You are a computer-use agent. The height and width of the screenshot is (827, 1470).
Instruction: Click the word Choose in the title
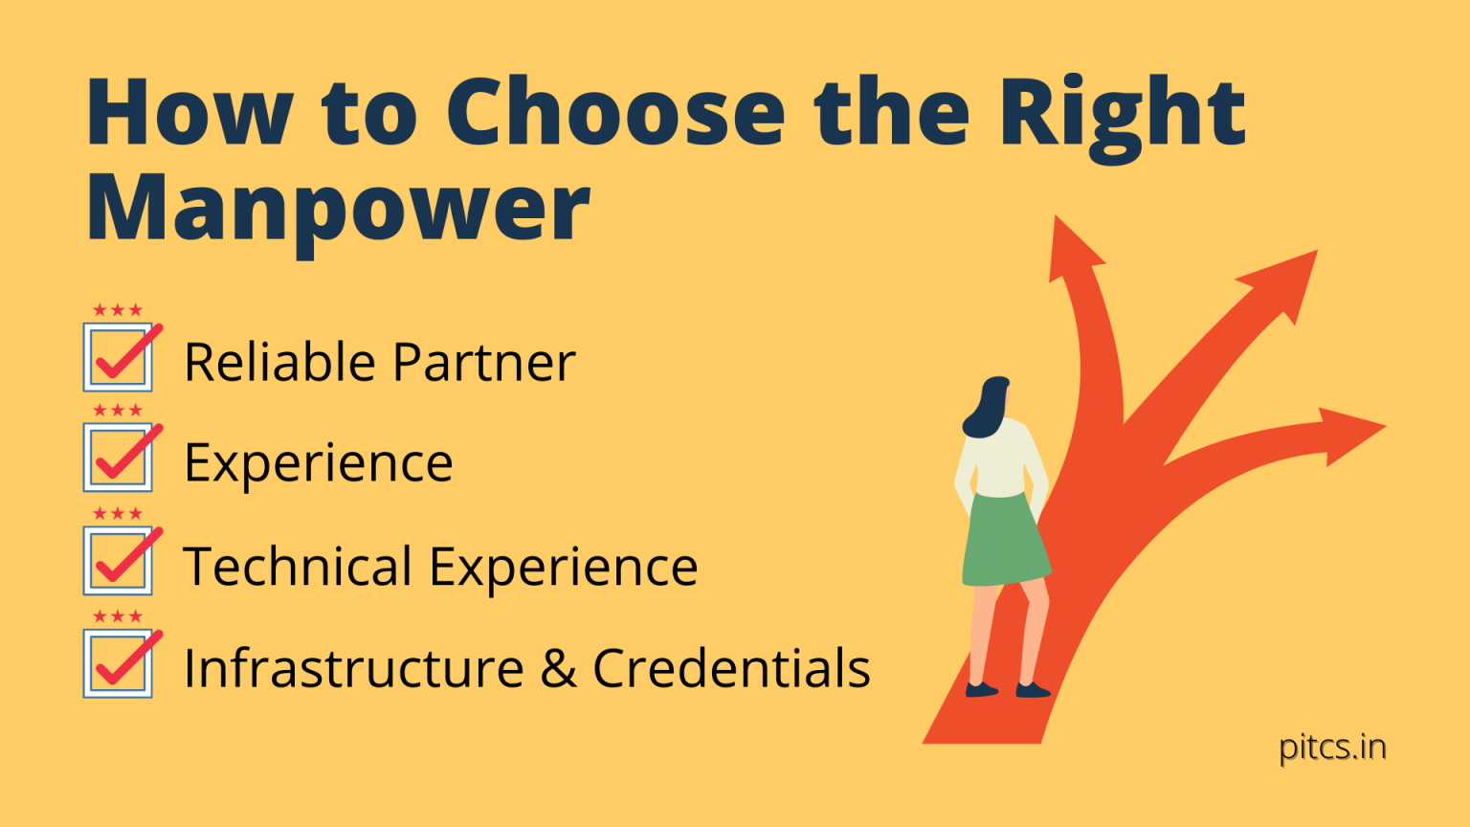pos(614,113)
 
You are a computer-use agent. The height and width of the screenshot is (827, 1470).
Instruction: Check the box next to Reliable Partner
pos(118,358)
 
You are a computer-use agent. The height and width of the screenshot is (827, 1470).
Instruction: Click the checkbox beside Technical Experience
pos(118,561)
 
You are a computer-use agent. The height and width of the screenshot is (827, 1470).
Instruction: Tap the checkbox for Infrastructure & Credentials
pos(118,663)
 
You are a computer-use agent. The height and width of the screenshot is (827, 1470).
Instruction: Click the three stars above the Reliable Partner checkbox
pos(118,310)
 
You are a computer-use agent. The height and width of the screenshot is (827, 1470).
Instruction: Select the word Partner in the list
pos(483,363)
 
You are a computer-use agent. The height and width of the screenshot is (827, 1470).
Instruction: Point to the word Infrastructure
pos(353,668)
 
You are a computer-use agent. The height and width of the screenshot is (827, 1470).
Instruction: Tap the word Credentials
pos(731,668)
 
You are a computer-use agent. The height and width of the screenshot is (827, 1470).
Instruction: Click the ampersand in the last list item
pos(558,668)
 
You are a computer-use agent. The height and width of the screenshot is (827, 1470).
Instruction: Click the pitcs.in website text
pos(1332,747)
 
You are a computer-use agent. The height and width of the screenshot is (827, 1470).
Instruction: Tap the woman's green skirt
pos(1004,541)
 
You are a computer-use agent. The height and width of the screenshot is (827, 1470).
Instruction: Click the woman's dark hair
pos(986,408)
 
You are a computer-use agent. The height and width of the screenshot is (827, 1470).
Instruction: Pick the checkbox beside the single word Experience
pos(118,458)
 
